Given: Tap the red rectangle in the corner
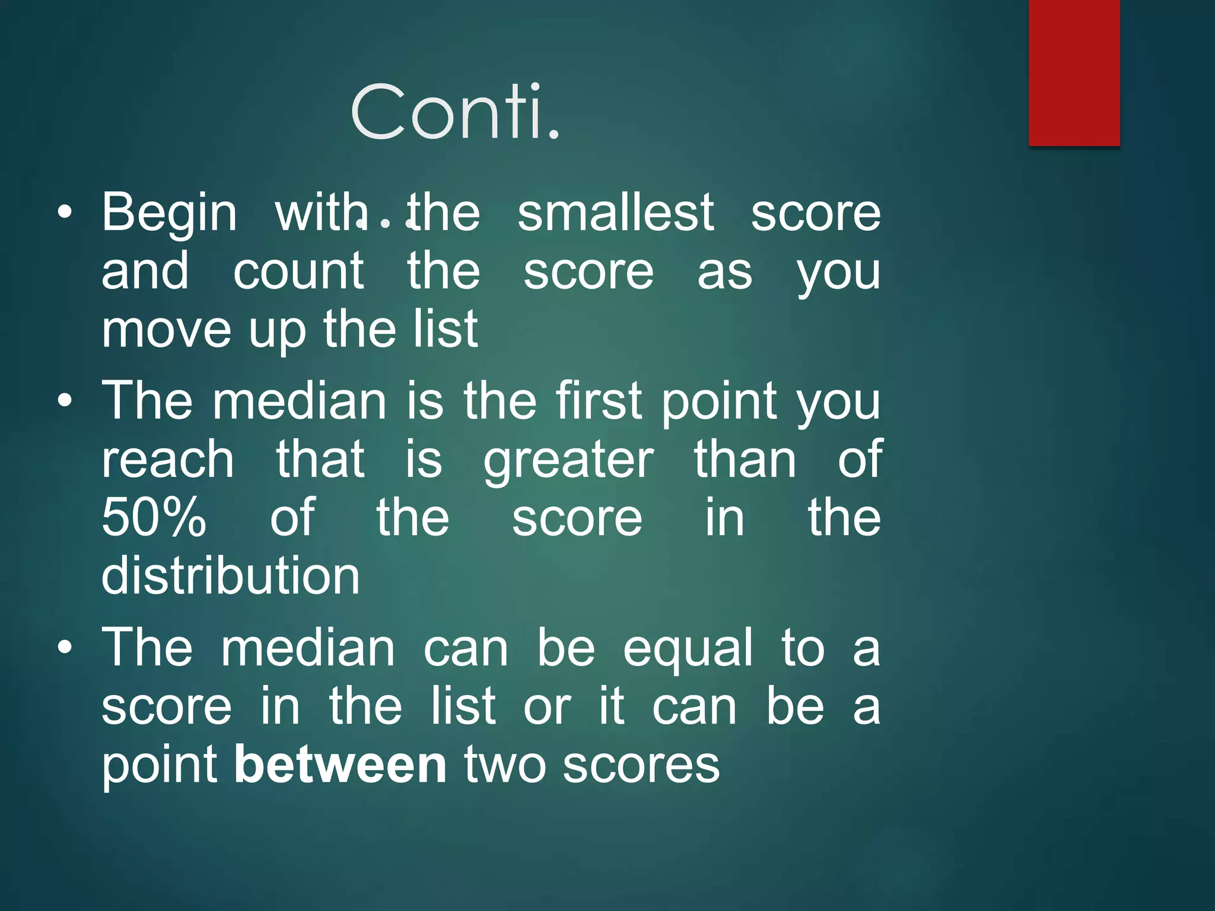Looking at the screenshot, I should (x=1074, y=72).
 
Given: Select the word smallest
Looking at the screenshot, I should (x=615, y=212).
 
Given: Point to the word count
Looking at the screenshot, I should (x=298, y=271).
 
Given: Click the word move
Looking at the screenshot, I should (x=166, y=330).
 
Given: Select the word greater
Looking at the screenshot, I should (x=568, y=460).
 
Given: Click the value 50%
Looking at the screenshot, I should (x=154, y=517).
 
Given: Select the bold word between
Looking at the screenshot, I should (x=340, y=765).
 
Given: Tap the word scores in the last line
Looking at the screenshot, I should (x=641, y=765).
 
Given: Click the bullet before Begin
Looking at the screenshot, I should (x=65, y=212).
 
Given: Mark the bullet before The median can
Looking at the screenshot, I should (x=65, y=648).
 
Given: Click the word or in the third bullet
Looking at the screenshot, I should (x=546, y=707).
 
